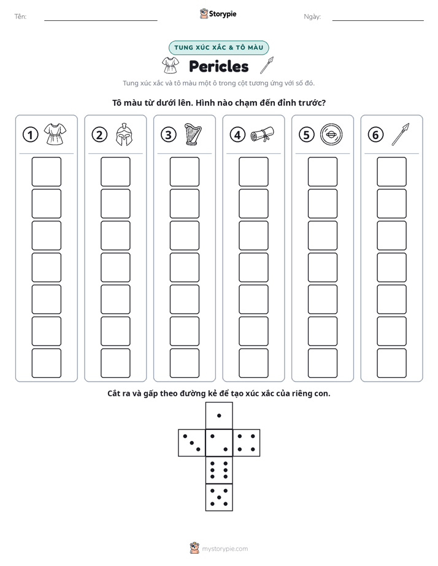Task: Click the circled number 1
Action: [x=30, y=135]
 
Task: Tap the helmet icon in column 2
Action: [x=124, y=134]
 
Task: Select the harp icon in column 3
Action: [x=193, y=134]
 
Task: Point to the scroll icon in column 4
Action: [x=263, y=135]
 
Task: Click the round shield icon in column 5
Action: [x=331, y=135]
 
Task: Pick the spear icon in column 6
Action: [x=401, y=134]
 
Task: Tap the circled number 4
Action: [x=237, y=135]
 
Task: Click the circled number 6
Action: [x=375, y=135]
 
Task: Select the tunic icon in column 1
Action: [x=55, y=134]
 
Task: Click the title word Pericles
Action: [x=218, y=66]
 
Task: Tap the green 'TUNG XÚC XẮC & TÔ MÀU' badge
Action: [x=218, y=48]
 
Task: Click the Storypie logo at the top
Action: [x=218, y=13]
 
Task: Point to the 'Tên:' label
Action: [x=20, y=17]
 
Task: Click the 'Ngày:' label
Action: [x=312, y=17]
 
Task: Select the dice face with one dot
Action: [x=219, y=415]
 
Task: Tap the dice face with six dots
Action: [x=219, y=470]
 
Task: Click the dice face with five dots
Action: [x=219, y=497]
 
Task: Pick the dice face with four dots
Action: [x=247, y=443]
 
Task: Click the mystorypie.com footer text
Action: [x=225, y=549]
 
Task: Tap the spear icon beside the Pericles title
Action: [x=267, y=66]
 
